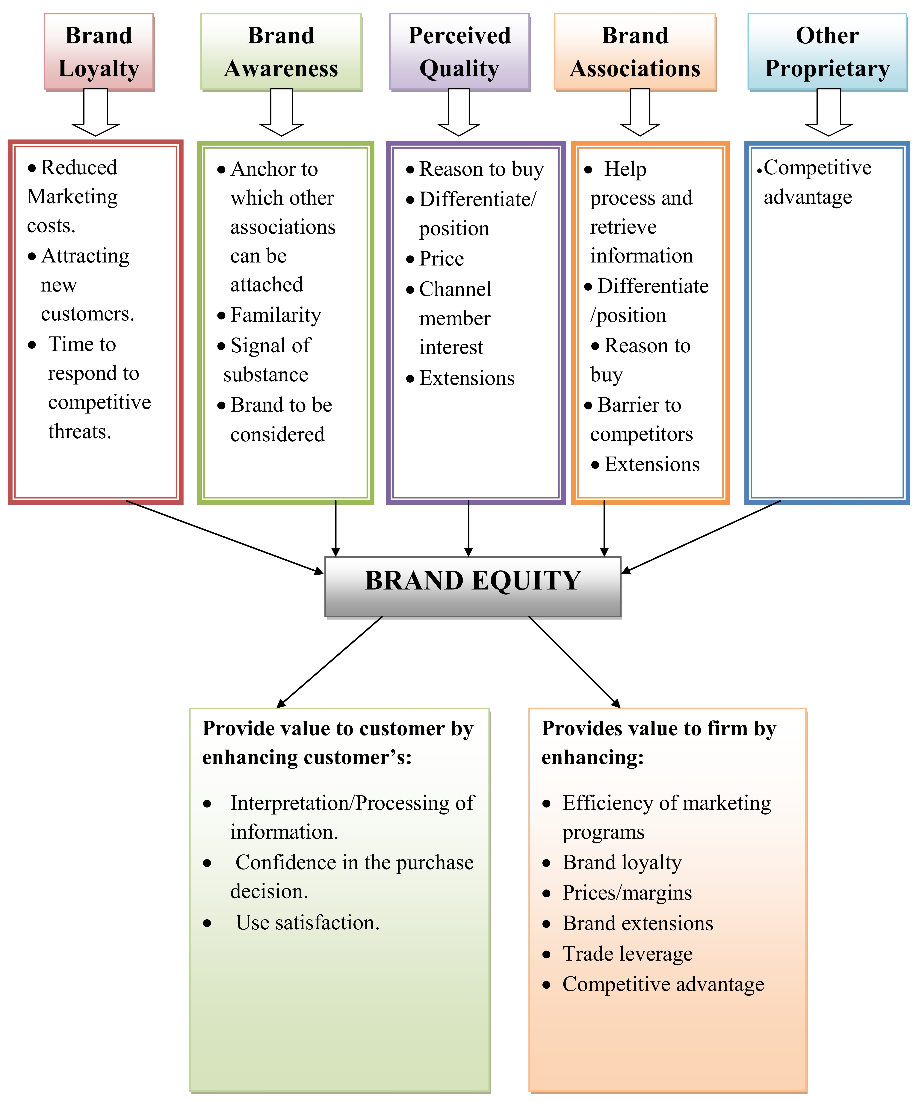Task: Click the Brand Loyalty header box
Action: click(x=99, y=52)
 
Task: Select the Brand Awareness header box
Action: click(x=281, y=52)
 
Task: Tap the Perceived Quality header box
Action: click(x=459, y=52)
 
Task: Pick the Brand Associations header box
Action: click(x=635, y=52)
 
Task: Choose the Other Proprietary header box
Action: click(x=827, y=52)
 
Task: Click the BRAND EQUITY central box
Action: click(x=473, y=586)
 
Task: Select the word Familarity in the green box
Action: click(x=276, y=315)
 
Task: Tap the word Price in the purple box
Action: click(x=442, y=259)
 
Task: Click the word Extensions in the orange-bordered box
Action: click(x=652, y=464)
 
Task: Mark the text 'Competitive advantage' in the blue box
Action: click(x=817, y=182)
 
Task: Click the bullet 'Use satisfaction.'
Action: click(x=307, y=922)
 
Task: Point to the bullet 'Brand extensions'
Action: click(x=638, y=923)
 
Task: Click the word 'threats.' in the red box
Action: click(x=80, y=431)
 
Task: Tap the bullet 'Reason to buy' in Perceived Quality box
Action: click(x=481, y=169)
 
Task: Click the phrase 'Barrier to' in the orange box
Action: click(x=639, y=405)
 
